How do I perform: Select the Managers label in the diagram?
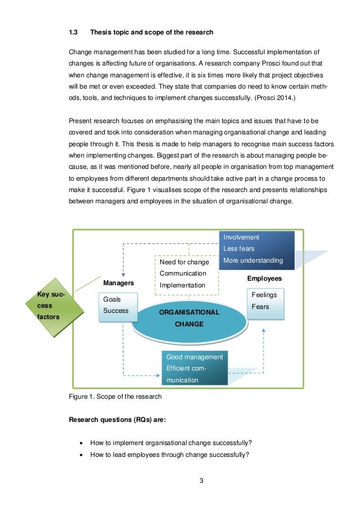[x=118, y=282]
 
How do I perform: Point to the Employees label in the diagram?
[x=264, y=278]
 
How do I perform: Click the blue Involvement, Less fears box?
[x=257, y=249]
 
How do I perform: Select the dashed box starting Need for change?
[x=186, y=274]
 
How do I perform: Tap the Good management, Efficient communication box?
[x=194, y=368]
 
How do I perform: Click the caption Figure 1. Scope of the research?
[x=115, y=396]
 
